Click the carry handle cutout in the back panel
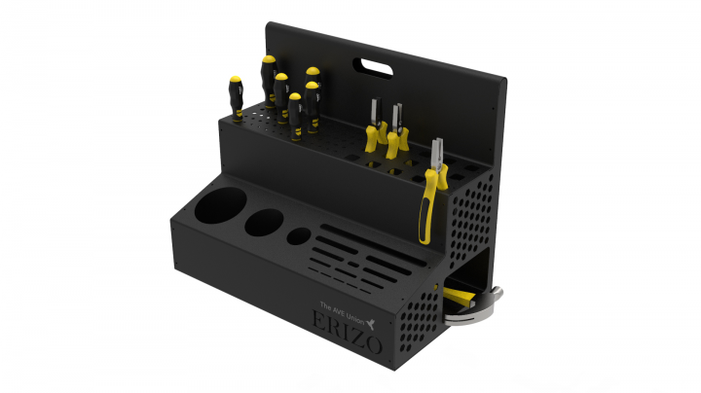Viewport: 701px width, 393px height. pos(373,68)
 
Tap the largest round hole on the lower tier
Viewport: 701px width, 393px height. pos(220,205)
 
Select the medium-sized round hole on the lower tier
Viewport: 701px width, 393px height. pos(264,222)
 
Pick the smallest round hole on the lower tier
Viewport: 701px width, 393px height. pos(299,235)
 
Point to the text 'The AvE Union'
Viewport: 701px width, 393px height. pos(342,311)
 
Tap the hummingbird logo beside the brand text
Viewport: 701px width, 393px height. pos(370,323)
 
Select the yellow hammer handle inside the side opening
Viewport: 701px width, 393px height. pos(459,297)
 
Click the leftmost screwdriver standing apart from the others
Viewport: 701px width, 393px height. pos(236,98)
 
